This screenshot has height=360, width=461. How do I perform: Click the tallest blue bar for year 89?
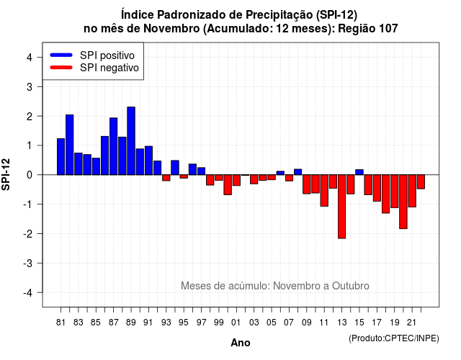[131, 141]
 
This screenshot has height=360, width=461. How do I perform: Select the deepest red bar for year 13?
[342, 207]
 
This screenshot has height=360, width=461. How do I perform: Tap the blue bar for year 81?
[61, 157]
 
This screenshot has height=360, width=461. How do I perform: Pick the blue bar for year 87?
[114, 146]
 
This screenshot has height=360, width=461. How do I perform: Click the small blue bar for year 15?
[359, 172]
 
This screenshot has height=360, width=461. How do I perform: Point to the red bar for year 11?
[324, 190]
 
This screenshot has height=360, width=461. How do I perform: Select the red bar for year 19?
[395, 192]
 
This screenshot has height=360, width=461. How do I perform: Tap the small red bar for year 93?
[166, 178]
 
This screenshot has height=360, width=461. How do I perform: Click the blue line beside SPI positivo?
[61, 55]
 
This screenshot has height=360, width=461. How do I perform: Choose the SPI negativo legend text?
[109, 68]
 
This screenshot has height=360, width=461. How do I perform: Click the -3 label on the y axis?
[28, 263]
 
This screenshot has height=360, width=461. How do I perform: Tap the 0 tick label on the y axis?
[30, 175]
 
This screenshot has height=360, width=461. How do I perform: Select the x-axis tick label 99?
[219, 323]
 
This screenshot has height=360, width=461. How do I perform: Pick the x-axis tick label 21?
[412, 323]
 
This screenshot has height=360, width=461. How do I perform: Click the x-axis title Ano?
[241, 343]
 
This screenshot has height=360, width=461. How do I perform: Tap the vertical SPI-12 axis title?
[6, 174]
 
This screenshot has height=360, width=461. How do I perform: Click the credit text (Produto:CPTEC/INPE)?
[394, 338]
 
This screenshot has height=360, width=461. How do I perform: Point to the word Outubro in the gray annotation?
[351, 286]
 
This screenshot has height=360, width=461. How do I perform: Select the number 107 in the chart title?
[388, 29]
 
